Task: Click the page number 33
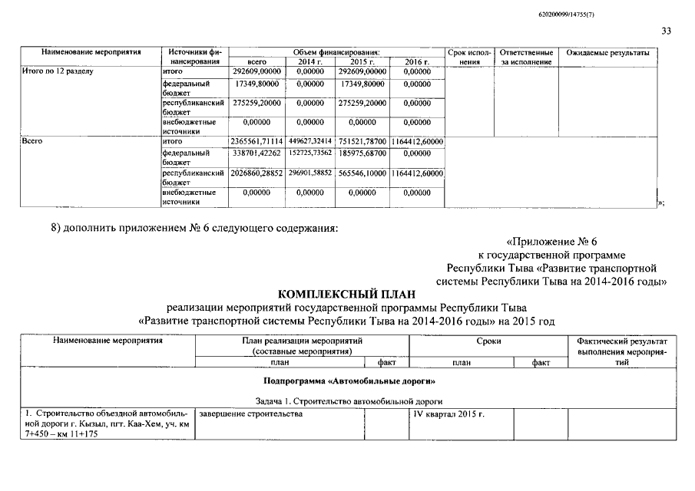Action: coord(665,31)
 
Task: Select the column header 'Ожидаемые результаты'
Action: coord(607,53)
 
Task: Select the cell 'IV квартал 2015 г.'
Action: coord(449,414)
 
